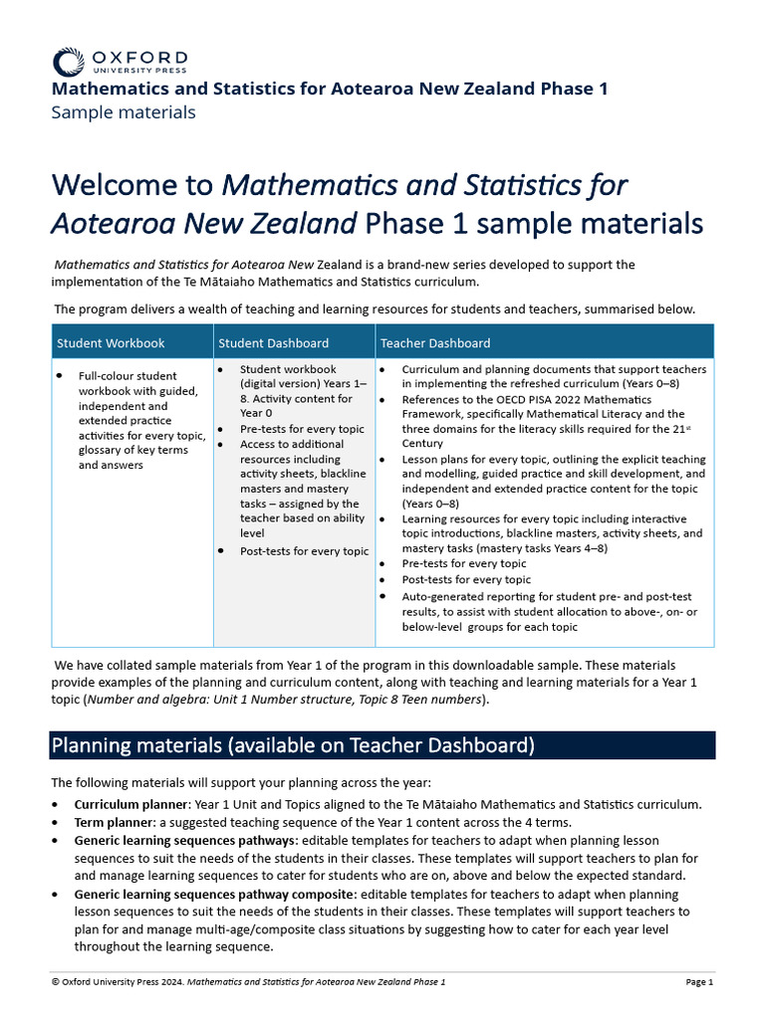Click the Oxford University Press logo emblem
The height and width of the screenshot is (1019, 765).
[x=68, y=61]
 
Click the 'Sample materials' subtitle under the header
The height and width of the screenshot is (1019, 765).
[x=123, y=112]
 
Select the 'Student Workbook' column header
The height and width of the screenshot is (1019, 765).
[x=111, y=343]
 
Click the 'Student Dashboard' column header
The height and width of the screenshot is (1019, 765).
[x=273, y=343]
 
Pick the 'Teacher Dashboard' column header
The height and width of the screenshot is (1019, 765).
[x=435, y=343]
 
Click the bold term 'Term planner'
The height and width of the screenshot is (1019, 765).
[x=113, y=822]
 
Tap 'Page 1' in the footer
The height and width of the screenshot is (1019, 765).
[x=699, y=982]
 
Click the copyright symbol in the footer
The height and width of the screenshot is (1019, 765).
[x=55, y=982]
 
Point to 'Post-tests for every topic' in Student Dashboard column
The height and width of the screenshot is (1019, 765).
[x=304, y=551]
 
